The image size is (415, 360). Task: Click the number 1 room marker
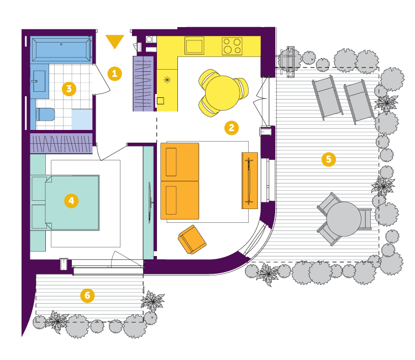[114, 74]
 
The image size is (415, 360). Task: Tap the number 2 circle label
[232, 128]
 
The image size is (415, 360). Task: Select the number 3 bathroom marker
[69, 88]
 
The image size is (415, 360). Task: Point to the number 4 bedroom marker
[71, 201]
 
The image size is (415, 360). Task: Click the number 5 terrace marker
[328, 159]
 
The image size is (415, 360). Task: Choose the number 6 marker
[87, 295]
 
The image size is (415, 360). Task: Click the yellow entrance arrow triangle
[114, 40]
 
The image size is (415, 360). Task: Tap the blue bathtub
[62, 50]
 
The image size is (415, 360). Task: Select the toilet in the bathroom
[45, 114]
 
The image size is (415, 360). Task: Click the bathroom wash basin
[39, 81]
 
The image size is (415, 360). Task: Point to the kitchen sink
[195, 45]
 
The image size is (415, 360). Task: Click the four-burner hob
[232, 46]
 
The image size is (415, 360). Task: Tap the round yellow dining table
[222, 93]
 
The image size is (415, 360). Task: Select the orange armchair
[192, 239]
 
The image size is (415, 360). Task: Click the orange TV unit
[250, 180]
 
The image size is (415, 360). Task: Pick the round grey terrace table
[344, 219]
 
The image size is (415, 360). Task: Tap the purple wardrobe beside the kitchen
[143, 84]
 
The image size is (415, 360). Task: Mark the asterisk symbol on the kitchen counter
[167, 80]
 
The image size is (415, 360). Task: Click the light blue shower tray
[82, 119]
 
